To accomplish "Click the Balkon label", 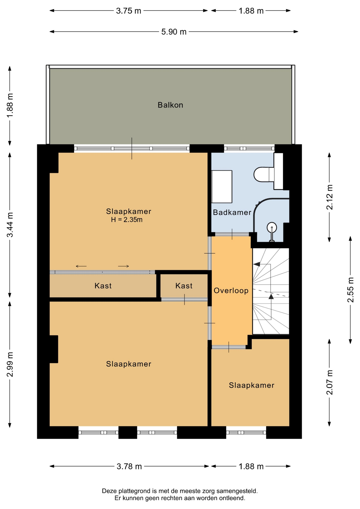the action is pyautogui.click(x=170, y=105).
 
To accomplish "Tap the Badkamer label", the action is pyautogui.click(x=232, y=212).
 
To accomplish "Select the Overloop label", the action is pyautogui.click(x=231, y=291).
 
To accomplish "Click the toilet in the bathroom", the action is pyautogui.click(x=264, y=174).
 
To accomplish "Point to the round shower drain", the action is pyautogui.click(x=272, y=227).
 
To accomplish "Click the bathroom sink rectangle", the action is pyautogui.click(x=222, y=187).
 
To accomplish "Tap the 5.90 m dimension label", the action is pyautogui.click(x=174, y=32).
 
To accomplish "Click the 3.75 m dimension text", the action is pyautogui.click(x=129, y=11).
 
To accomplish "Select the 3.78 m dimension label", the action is pyautogui.click(x=129, y=466).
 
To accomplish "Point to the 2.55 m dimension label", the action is pyautogui.click(x=350, y=290).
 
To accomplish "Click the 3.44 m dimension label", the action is pyautogui.click(x=10, y=225).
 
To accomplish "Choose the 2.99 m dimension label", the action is pyautogui.click(x=10, y=365).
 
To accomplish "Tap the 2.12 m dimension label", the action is pyautogui.click(x=330, y=197).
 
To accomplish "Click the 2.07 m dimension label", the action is pyautogui.click(x=330, y=382).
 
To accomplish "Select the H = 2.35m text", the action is pyautogui.click(x=127, y=220).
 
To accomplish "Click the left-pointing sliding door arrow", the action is pyautogui.click(x=81, y=266).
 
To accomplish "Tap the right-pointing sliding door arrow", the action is pyautogui.click(x=124, y=266).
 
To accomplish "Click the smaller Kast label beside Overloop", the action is pyautogui.click(x=184, y=286).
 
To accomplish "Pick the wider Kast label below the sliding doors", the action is pyautogui.click(x=103, y=286).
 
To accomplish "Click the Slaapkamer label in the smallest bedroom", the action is pyautogui.click(x=252, y=385).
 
